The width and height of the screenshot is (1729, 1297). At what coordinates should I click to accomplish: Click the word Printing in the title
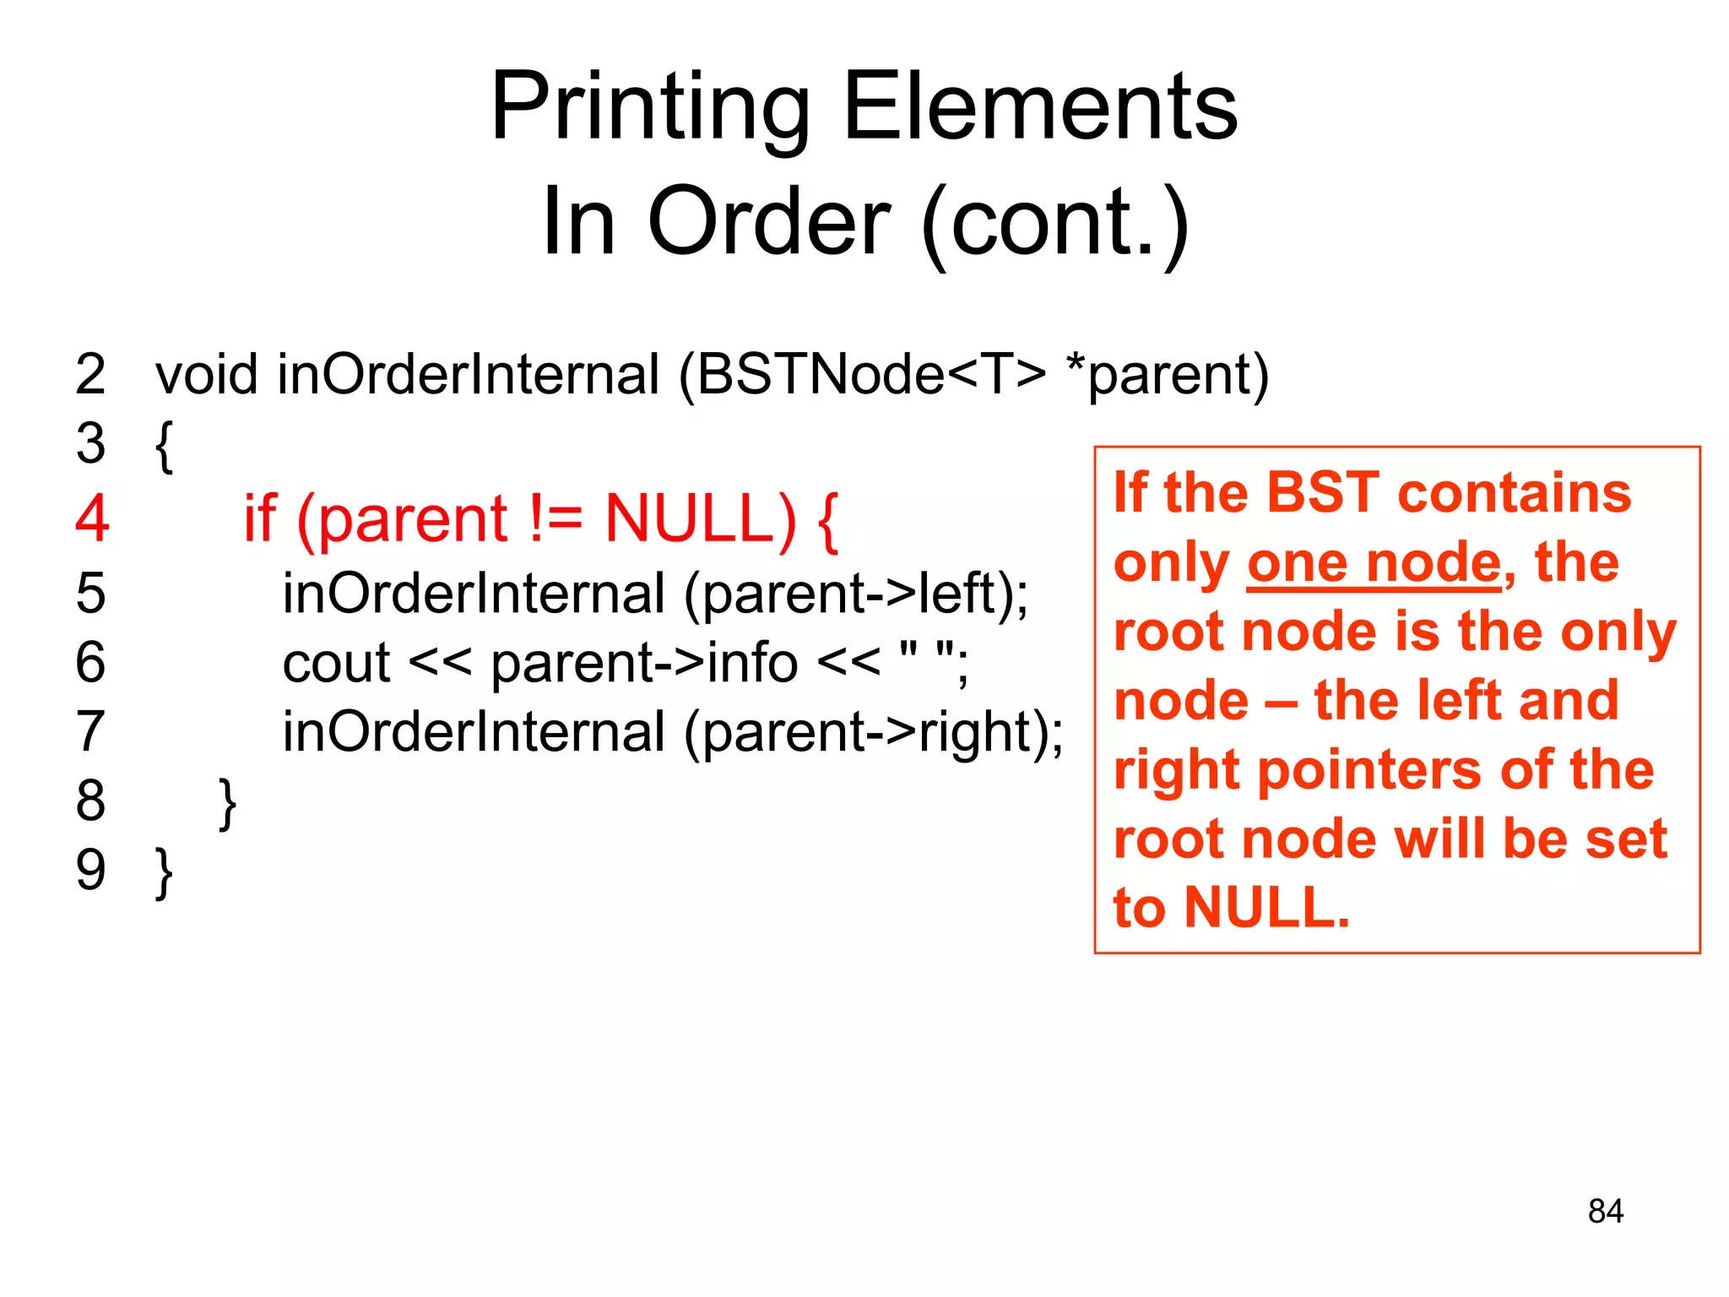pyautogui.click(x=650, y=108)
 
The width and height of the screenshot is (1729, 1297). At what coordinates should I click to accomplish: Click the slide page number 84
pyautogui.click(x=1605, y=1211)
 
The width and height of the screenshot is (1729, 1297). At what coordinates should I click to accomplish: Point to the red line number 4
pyautogui.click(x=92, y=518)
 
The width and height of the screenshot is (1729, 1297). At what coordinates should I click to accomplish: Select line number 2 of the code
pyautogui.click(x=90, y=374)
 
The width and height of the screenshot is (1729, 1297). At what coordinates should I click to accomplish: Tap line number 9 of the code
pyautogui.click(x=90, y=870)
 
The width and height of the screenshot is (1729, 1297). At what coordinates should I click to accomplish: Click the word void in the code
pyautogui.click(x=206, y=374)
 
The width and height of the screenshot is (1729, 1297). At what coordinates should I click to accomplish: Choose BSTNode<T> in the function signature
pyautogui.click(x=870, y=374)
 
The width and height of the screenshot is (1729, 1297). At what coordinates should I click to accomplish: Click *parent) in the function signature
pyautogui.click(x=1168, y=374)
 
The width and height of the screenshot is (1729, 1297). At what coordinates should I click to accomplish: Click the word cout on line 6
pyautogui.click(x=336, y=663)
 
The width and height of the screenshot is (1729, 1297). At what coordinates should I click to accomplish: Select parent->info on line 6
pyautogui.click(x=644, y=663)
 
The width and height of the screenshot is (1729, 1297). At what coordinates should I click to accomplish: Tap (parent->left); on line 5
pyautogui.click(x=856, y=594)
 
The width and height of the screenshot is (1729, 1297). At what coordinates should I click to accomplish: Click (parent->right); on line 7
pyautogui.click(x=874, y=732)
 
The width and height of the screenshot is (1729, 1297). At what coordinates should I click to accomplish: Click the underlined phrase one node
pyautogui.click(x=1374, y=563)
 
